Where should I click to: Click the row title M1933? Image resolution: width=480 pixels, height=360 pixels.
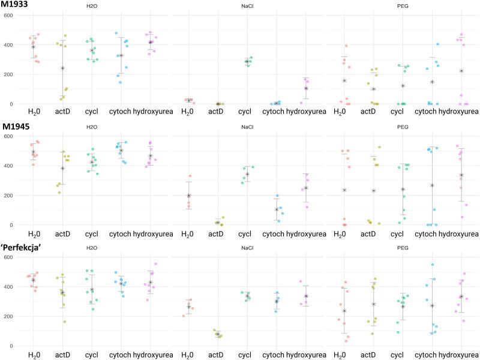[x=17, y=5]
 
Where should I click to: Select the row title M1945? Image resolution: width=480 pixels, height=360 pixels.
[x=17, y=127]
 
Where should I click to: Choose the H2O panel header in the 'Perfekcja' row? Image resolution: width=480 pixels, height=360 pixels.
[x=92, y=248]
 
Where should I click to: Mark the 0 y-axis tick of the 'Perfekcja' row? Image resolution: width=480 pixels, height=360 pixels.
[x=10, y=346]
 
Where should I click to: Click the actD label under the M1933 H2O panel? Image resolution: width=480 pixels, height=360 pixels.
[x=62, y=111]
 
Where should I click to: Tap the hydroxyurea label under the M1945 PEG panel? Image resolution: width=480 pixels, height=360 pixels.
[x=461, y=232]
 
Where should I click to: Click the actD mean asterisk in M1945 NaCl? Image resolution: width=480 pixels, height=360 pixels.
[x=217, y=223]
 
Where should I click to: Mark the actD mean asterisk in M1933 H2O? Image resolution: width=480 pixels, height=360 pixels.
[x=62, y=68]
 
